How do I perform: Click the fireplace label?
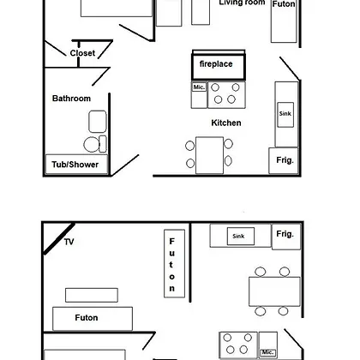[x=216, y=63]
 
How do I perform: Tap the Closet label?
[x=82, y=53]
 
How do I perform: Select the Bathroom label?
[x=71, y=99]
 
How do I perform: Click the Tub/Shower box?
[x=76, y=165]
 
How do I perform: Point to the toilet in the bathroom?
[x=95, y=144]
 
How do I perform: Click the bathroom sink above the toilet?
[x=98, y=122]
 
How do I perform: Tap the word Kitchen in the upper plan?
[x=226, y=123]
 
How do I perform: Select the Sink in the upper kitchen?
[x=285, y=115]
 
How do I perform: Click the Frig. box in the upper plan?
[x=284, y=160]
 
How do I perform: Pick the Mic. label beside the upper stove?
[x=199, y=87]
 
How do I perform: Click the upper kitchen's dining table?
[x=209, y=155]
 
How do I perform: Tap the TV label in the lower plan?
[x=69, y=242]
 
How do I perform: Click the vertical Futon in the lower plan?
[x=174, y=263]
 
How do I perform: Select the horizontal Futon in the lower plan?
[x=93, y=319]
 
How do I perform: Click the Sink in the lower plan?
[x=241, y=236]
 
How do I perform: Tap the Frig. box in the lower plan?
[x=286, y=237]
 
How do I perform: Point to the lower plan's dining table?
[x=274, y=291]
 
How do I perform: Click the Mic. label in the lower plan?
[x=267, y=352]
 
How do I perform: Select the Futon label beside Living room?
[x=284, y=4]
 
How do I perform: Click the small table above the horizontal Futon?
[x=92, y=295]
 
